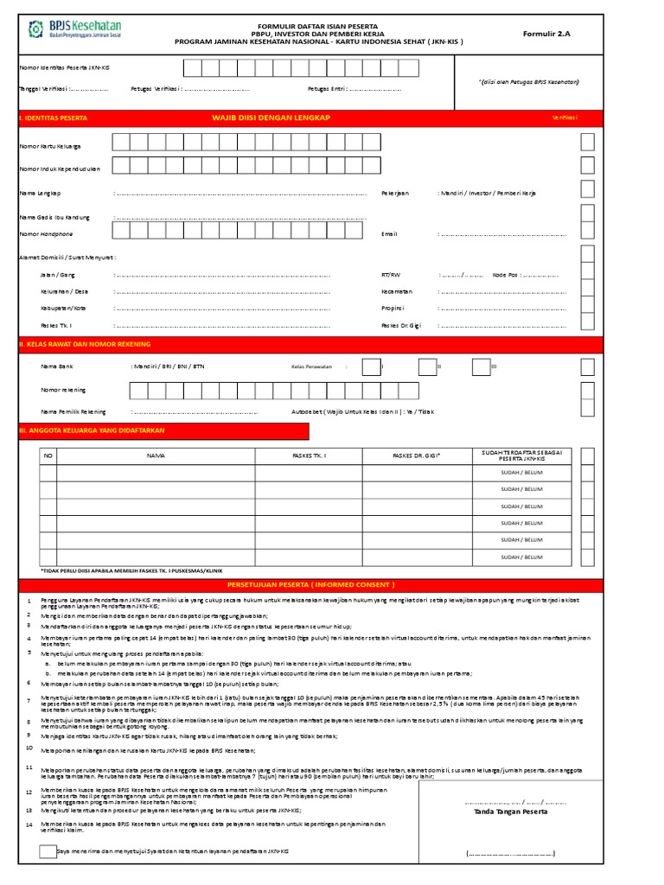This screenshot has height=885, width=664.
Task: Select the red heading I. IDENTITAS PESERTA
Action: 54,117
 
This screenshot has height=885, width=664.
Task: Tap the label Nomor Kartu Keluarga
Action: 50,145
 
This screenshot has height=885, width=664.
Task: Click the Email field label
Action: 389,233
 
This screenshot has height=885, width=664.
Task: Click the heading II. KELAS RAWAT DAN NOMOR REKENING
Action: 75,345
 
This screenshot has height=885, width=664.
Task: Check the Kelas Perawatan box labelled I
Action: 370,366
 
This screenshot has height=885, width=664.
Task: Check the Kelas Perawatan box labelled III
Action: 481,366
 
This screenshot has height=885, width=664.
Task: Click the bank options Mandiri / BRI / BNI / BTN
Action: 167,366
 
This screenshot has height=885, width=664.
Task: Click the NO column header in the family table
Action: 48,455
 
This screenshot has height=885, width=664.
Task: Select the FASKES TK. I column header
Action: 310,455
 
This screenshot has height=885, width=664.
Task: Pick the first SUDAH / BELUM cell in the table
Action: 520,472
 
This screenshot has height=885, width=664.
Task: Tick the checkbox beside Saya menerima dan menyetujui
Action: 48,852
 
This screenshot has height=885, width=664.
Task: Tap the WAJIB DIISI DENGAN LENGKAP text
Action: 271,117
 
